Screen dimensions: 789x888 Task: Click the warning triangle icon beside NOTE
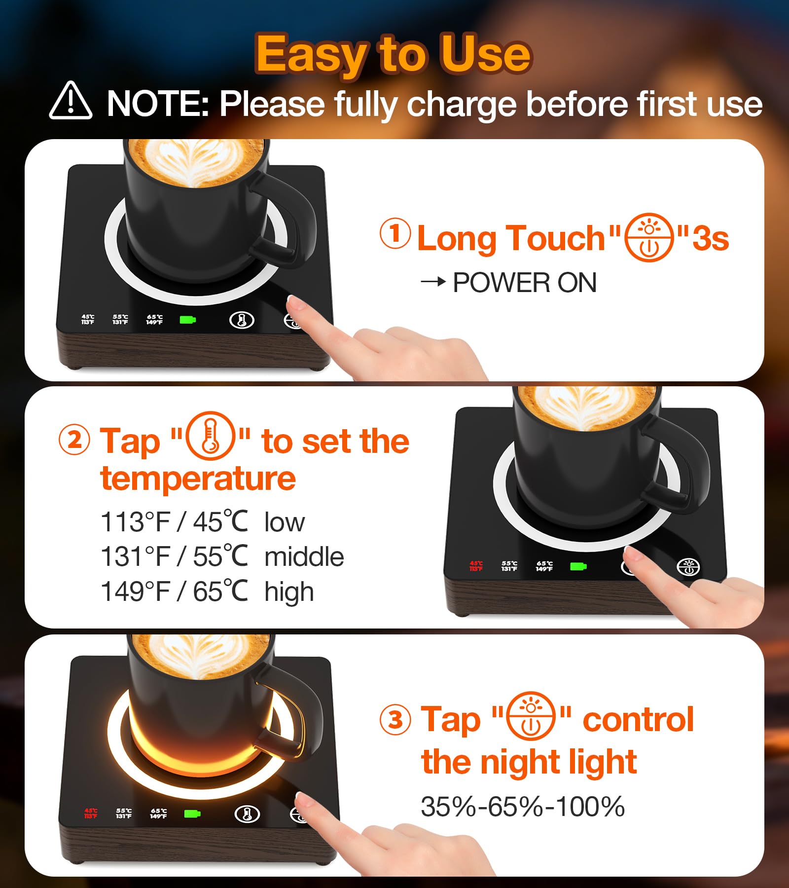coord(71,101)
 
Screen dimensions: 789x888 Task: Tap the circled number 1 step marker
coord(395,233)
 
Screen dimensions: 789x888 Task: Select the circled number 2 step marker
coord(74,440)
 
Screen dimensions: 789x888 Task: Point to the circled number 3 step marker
coord(395,719)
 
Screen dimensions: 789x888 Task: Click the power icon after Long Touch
coord(649,237)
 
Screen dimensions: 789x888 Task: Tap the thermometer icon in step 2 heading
coord(211,436)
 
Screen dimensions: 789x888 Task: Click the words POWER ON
coord(525,283)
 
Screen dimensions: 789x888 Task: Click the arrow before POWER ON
coord(433,282)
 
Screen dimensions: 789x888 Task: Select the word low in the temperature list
coord(285,522)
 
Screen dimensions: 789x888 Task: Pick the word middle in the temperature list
coord(304,556)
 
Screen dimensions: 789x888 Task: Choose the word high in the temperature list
coord(289,592)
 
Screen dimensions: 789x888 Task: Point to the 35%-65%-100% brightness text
coord(523,807)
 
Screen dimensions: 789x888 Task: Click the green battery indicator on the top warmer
coord(188,320)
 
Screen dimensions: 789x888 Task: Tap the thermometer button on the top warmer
coord(242,320)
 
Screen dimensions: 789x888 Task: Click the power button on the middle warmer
coord(688,567)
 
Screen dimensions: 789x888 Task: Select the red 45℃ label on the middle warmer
coord(476,566)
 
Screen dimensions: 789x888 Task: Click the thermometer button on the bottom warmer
coord(247,814)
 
